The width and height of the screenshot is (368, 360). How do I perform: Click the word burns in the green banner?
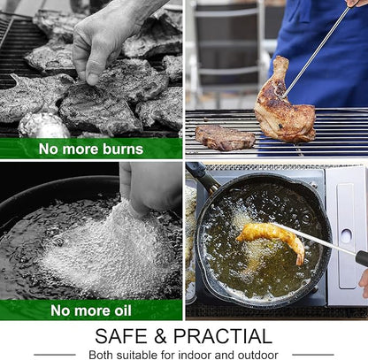[x=123, y=149]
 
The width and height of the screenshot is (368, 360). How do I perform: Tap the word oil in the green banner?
[x=121, y=310]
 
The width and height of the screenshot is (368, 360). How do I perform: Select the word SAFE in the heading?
[x=121, y=336]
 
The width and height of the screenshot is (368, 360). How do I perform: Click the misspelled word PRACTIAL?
[x=223, y=336]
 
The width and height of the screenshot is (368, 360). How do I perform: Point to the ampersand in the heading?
[x=160, y=336]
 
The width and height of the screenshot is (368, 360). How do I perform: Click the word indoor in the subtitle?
[x=195, y=355]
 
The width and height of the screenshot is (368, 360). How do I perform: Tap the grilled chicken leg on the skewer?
[x=284, y=103]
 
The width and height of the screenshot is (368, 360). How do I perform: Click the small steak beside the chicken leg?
[x=226, y=137]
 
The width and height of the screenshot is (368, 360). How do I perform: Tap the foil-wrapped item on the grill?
[x=43, y=126]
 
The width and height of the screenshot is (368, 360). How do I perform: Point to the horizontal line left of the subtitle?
[x=55, y=355]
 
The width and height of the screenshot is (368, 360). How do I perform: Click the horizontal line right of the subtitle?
[x=313, y=355]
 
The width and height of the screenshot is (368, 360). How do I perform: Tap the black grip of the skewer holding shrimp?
[x=362, y=258]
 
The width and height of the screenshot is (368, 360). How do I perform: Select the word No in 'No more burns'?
[x=49, y=149]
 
